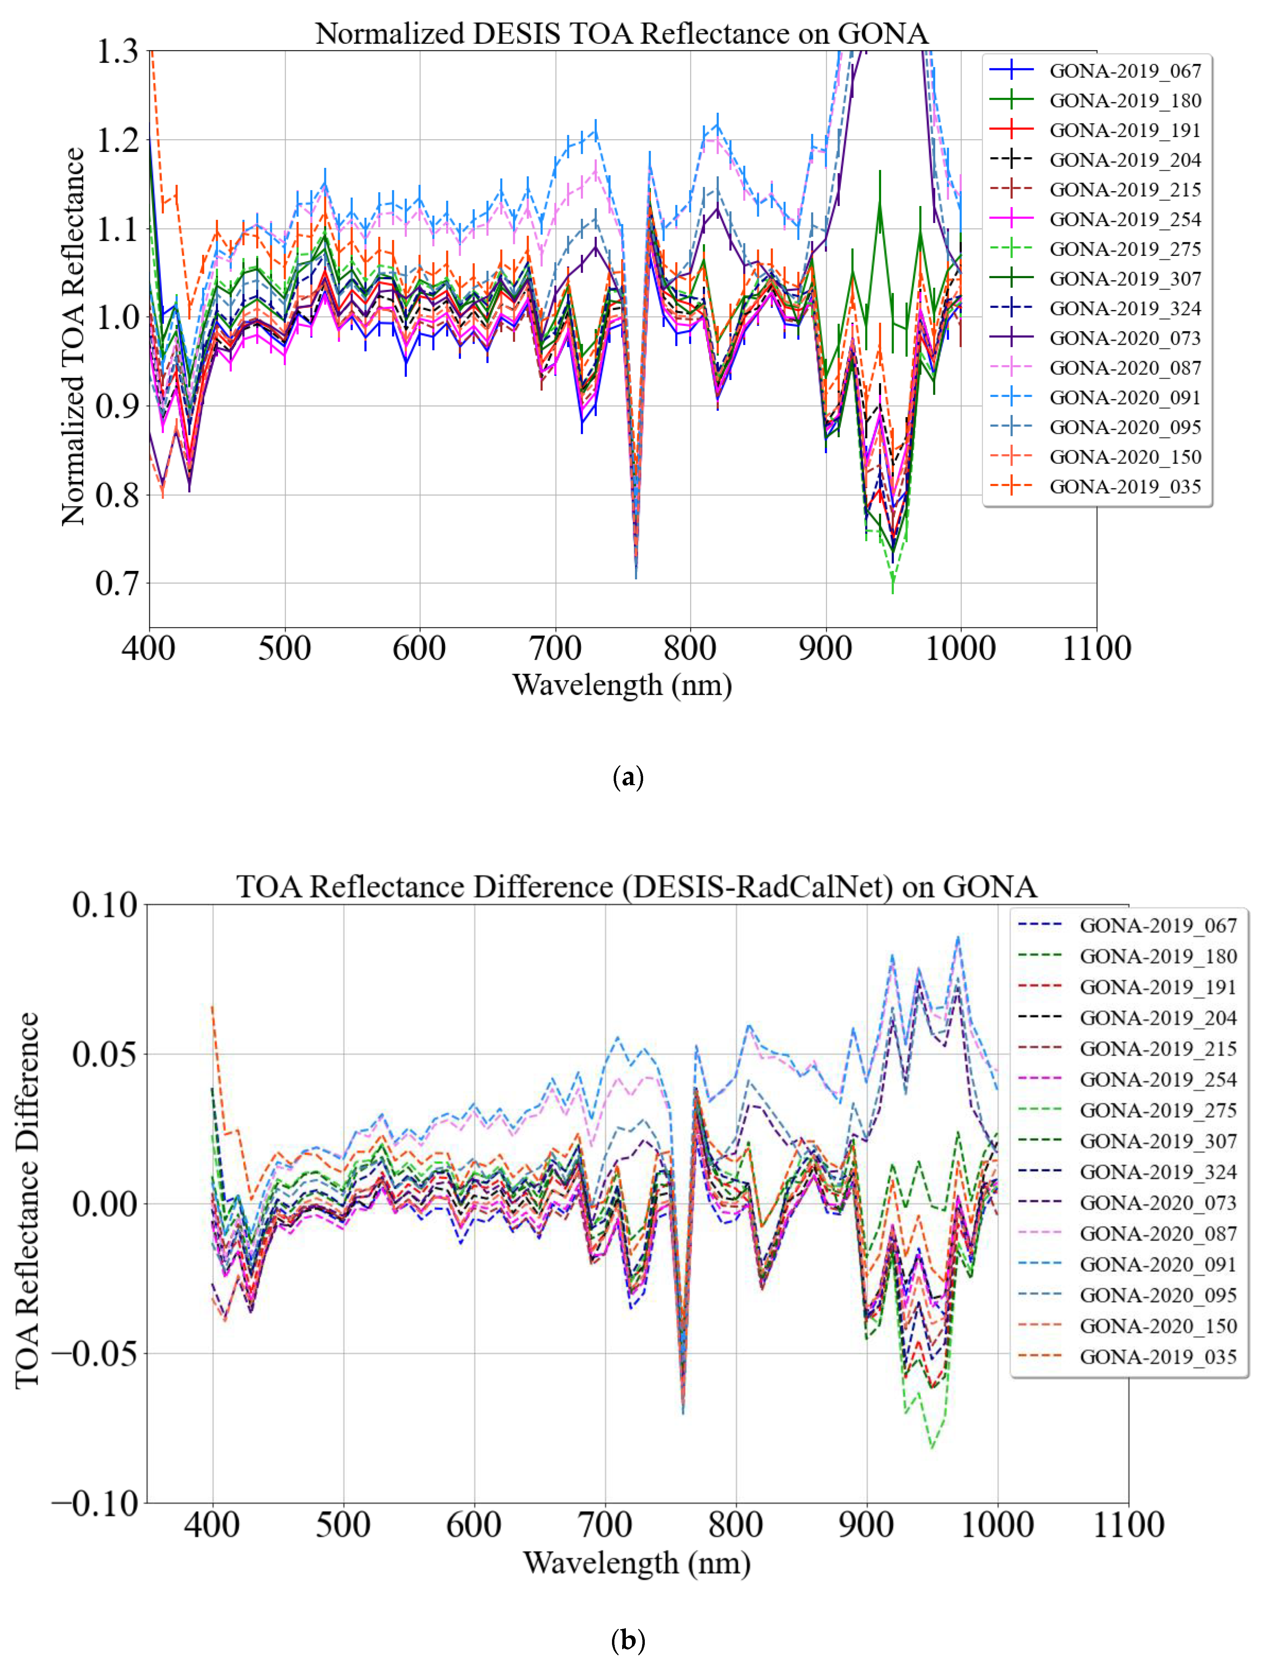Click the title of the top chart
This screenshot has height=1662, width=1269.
[x=621, y=34]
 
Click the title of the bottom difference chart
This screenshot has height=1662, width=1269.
[x=636, y=886]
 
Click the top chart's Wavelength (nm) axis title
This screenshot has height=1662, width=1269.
[x=622, y=685]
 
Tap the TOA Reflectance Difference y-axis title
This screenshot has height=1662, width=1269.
[x=27, y=1201]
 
